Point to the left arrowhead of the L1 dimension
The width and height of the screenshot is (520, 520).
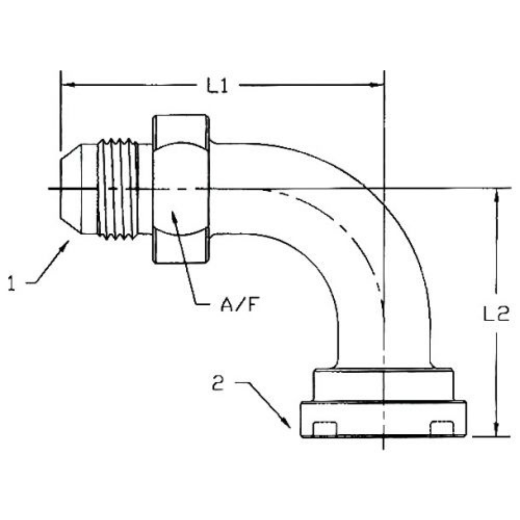(67, 85)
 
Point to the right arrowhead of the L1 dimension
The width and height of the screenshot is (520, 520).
(377, 85)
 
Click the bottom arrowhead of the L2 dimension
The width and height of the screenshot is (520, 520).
(497, 431)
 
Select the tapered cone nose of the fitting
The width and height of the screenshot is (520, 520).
(77, 189)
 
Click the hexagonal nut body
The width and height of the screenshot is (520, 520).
(181, 189)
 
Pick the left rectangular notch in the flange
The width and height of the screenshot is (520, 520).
(324, 428)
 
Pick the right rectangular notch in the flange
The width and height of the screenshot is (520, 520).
(442, 428)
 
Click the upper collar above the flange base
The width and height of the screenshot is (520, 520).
(383, 385)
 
